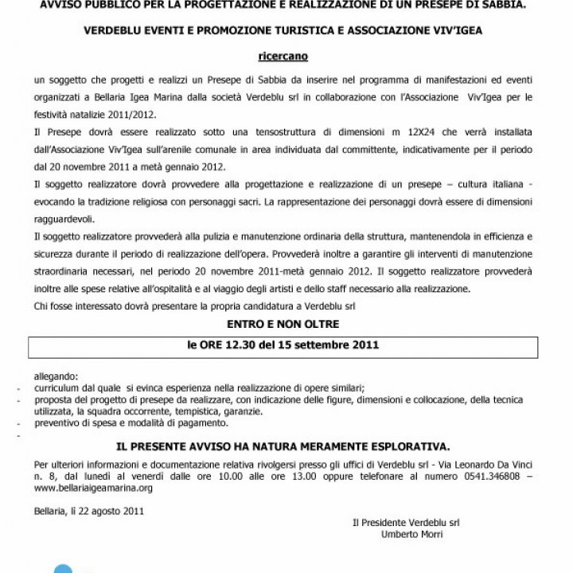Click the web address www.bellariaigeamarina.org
click(93, 488)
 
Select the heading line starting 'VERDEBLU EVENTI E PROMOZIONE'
click(286, 35)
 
